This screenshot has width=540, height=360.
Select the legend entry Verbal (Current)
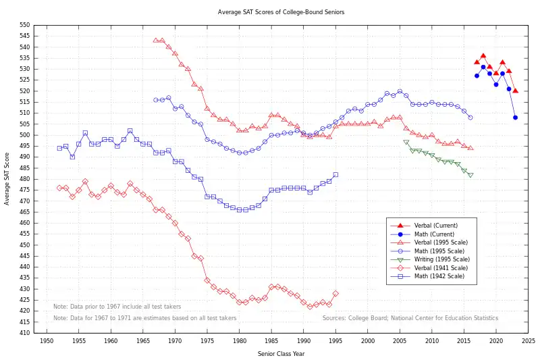(437, 225)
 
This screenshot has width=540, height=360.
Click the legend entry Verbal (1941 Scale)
(439, 267)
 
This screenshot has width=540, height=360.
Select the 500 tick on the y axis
(24, 135)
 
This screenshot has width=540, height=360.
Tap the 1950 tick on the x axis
(47, 341)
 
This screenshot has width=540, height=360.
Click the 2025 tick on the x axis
(528, 341)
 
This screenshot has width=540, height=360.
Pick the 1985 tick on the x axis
(271, 341)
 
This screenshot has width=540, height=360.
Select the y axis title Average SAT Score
(7, 178)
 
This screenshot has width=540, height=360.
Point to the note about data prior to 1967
(117, 306)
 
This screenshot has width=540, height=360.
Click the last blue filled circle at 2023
(515, 118)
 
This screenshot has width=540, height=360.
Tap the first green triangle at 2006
(406, 143)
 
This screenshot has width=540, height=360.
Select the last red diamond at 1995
(335, 293)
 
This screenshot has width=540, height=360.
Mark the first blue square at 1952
(59, 148)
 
